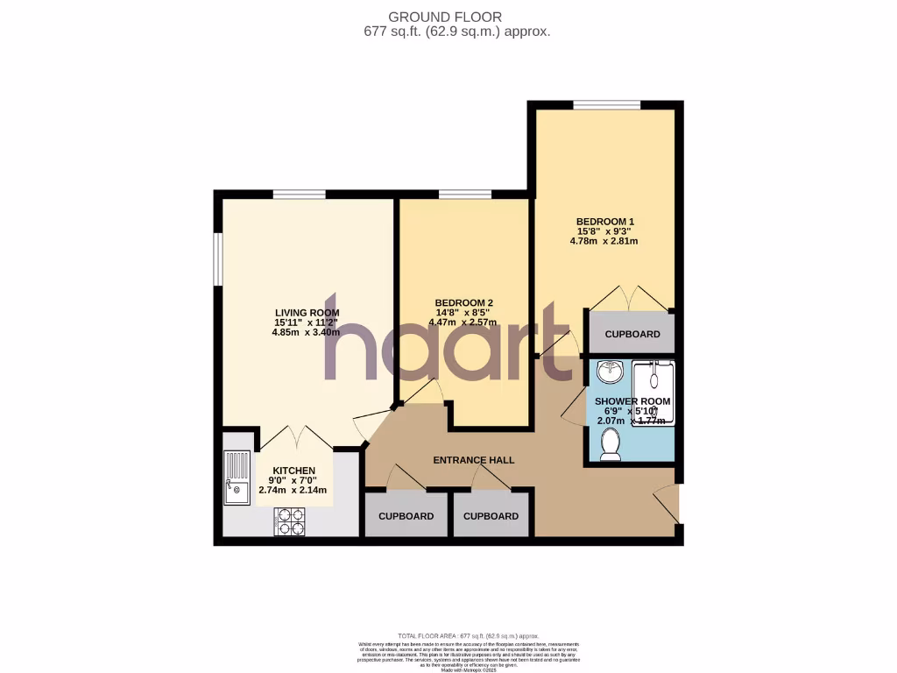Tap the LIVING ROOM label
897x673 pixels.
click(x=307, y=313)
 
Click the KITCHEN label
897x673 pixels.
click(x=293, y=471)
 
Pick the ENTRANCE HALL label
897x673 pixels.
click(x=474, y=460)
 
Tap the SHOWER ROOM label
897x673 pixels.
click(x=632, y=401)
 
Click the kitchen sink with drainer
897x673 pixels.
click(x=237, y=478)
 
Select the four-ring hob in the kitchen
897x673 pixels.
click(x=290, y=521)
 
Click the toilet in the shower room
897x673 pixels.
click(x=610, y=445)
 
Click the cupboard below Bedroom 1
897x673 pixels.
click(x=632, y=334)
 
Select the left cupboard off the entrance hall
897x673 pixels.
click(x=406, y=516)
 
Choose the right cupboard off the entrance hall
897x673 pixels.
click(x=491, y=516)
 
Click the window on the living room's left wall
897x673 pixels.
click(x=218, y=259)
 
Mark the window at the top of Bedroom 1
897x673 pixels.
click(x=606, y=106)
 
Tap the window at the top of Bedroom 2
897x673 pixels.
click(x=464, y=195)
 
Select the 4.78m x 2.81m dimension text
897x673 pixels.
click(x=604, y=241)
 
